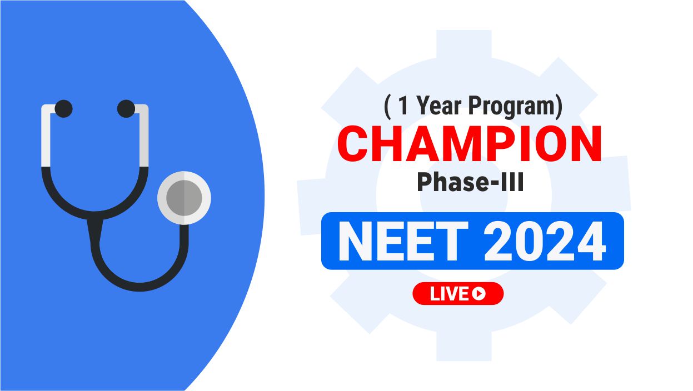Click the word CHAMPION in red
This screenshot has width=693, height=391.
tap(470, 144)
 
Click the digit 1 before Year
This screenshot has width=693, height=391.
tap(403, 106)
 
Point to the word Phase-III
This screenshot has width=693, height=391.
tap(470, 182)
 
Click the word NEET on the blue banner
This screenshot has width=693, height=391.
tap(403, 241)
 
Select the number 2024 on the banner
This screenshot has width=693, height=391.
tap(545, 241)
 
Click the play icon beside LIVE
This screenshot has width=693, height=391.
tap(479, 294)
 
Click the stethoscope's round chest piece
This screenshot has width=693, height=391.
tap(184, 198)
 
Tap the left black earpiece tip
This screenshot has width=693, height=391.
tap(64, 108)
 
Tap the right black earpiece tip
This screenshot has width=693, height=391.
tap(126, 108)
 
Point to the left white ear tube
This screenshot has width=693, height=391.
tap(46, 136)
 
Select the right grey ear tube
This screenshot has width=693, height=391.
tap(144, 136)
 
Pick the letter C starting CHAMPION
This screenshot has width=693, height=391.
tap(353, 144)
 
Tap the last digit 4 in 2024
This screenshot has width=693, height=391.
tap(591, 242)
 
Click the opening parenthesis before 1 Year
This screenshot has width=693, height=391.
tap(387, 107)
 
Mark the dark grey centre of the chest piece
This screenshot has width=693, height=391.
tap(184, 198)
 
